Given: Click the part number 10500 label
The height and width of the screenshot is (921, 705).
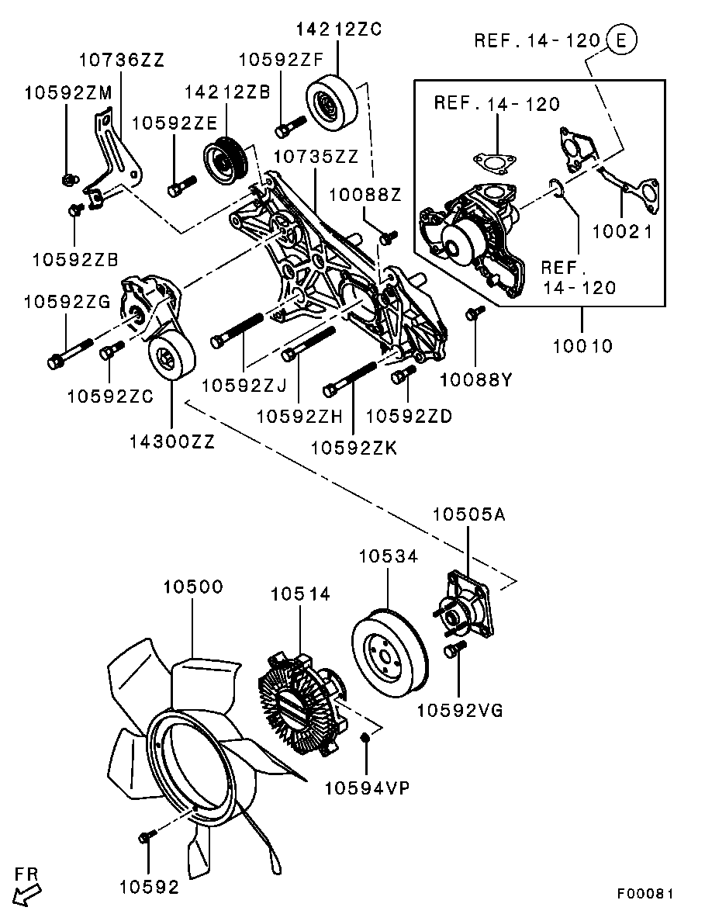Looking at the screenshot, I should (x=192, y=587).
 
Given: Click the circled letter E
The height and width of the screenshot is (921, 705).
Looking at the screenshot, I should (x=621, y=40).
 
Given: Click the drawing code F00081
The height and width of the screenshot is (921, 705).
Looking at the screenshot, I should (x=645, y=894).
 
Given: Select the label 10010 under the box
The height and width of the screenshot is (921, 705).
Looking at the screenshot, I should (x=582, y=345).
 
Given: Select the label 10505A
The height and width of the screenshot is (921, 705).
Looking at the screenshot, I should (x=468, y=514).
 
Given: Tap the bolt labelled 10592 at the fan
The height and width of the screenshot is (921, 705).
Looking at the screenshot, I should (x=147, y=836).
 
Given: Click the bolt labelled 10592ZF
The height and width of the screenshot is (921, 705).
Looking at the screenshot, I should (x=288, y=125).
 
